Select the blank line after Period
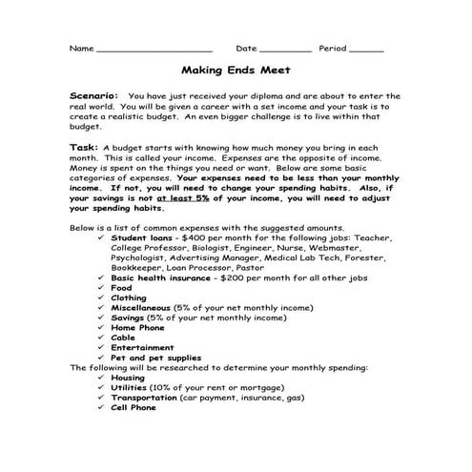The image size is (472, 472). [x=367, y=50]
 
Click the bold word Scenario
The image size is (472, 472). [x=93, y=96]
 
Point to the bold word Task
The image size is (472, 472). [x=84, y=147]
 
